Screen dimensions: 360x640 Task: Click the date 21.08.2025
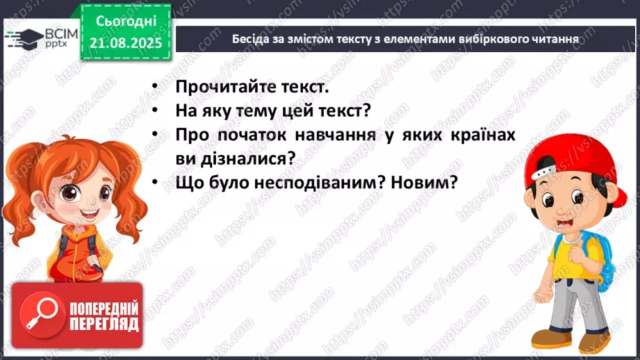[125, 42]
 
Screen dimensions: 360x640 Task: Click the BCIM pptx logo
[39, 38]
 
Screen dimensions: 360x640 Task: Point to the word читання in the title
[553, 39]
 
